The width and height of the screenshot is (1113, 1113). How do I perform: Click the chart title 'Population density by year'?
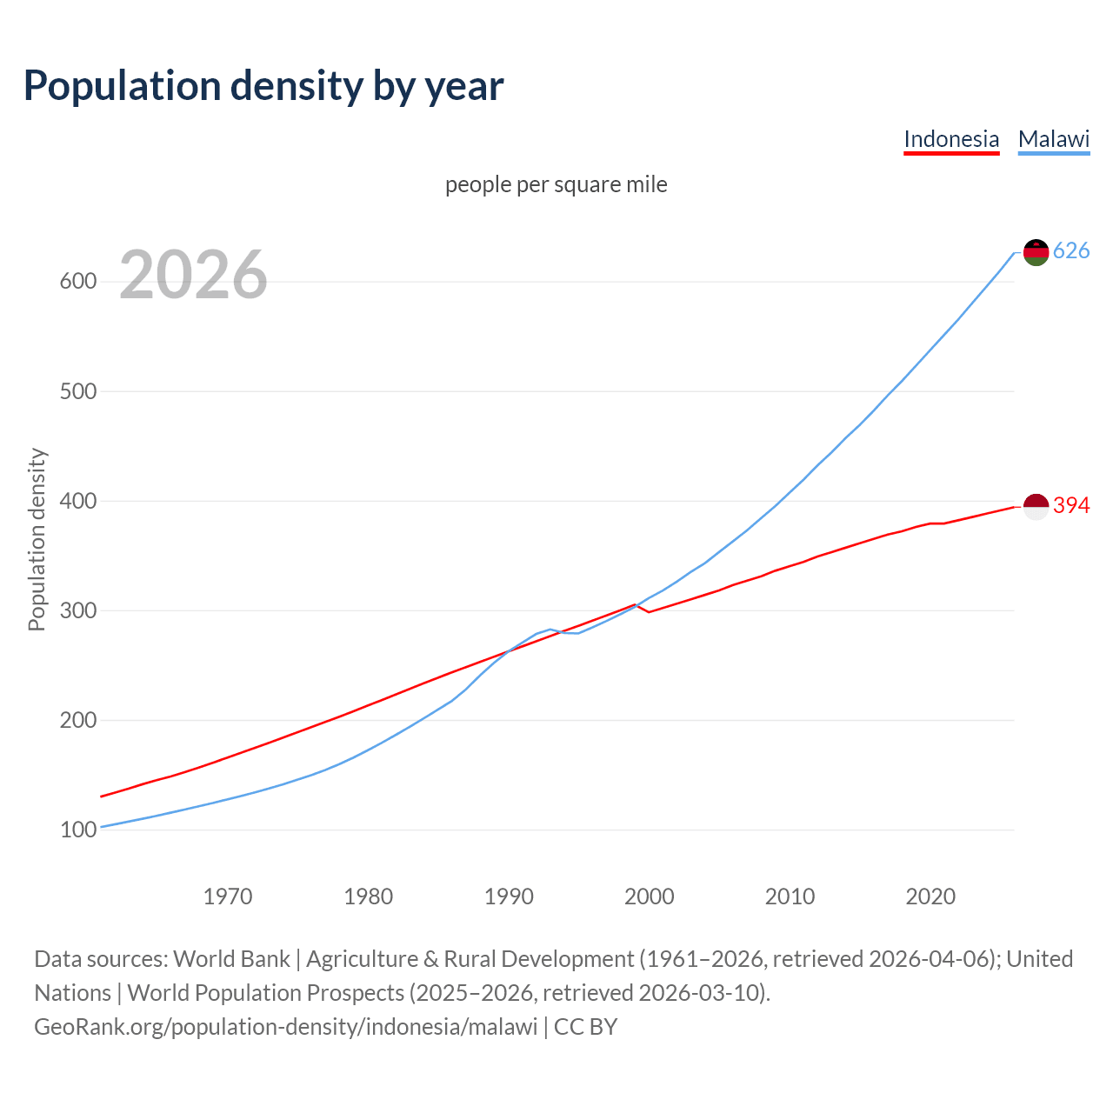263,86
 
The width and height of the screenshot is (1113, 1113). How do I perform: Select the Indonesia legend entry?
951,139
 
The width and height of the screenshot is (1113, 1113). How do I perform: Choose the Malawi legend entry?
1054,139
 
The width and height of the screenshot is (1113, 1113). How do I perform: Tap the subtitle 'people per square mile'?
556,184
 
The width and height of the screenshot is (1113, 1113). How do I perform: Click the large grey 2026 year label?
193,276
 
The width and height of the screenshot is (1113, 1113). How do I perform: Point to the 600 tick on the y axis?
78,282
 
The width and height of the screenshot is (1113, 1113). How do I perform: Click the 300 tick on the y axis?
78,610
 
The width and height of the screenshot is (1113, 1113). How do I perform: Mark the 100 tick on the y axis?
78,830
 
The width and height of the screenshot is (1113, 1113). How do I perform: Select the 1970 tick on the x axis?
228,896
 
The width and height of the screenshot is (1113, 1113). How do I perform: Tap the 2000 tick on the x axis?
650,896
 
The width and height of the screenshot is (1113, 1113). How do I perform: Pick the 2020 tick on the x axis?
930,896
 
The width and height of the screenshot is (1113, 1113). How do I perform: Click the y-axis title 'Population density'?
37,539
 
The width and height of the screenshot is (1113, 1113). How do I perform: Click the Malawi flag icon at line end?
1036,252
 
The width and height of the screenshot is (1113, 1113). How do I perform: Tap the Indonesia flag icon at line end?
1036,506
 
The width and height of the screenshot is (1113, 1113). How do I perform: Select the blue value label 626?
1071,251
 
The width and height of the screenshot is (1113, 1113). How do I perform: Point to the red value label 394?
1071,505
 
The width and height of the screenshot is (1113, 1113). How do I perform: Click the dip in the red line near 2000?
649,612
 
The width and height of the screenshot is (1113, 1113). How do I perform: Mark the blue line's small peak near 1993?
550,629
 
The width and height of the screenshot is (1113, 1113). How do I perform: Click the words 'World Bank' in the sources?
231,959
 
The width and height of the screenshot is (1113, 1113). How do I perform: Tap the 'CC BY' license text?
585,1027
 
